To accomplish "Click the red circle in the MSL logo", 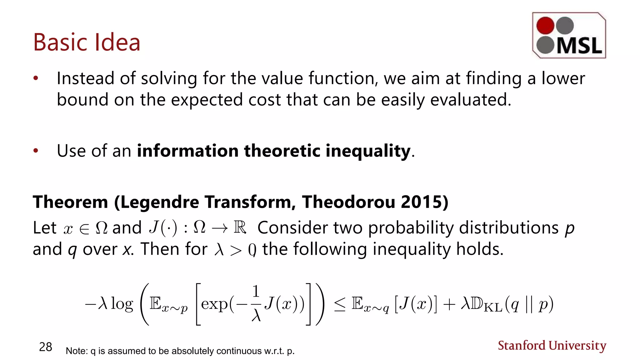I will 545,25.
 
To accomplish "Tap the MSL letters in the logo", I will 579,46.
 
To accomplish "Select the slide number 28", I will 46,347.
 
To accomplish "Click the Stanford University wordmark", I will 552,346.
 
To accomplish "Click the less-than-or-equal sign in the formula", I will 340,304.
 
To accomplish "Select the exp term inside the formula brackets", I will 214,304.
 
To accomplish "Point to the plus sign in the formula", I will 449,304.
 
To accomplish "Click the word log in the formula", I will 122,304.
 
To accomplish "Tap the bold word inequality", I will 368,151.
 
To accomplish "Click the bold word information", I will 188,151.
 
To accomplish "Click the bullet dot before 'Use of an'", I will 36,151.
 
